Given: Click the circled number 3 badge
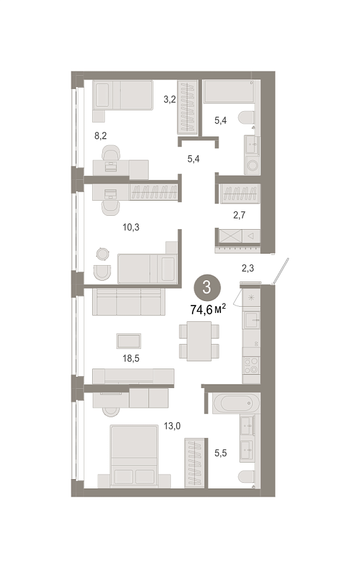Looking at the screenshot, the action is click(207, 288).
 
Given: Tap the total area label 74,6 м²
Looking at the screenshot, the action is click(208, 310).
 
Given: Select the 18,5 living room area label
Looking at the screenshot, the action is click(131, 358).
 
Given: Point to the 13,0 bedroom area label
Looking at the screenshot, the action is click(172, 426).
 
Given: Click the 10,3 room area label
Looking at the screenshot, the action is click(131, 227).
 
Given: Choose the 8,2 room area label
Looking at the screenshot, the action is click(100, 136).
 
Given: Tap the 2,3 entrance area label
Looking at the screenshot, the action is click(248, 268).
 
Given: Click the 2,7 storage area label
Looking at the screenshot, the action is click(239, 215).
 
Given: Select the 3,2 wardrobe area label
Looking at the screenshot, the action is click(169, 99).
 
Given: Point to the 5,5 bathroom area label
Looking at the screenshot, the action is click(220, 453).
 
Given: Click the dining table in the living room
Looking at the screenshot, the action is click(199, 341).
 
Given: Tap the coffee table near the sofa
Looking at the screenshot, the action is click(129, 341).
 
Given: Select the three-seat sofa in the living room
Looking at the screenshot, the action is click(129, 302).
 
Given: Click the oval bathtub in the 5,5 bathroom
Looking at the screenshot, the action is click(236, 403).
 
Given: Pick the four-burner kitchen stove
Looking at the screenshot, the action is click(251, 365).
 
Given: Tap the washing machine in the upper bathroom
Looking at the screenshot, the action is click(252, 165).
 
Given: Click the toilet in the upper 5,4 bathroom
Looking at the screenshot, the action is click(246, 117).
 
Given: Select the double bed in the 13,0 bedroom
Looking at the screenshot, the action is click(134, 456).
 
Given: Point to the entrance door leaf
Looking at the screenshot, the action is click(281, 271).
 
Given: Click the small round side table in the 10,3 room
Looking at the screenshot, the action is click(102, 254).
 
